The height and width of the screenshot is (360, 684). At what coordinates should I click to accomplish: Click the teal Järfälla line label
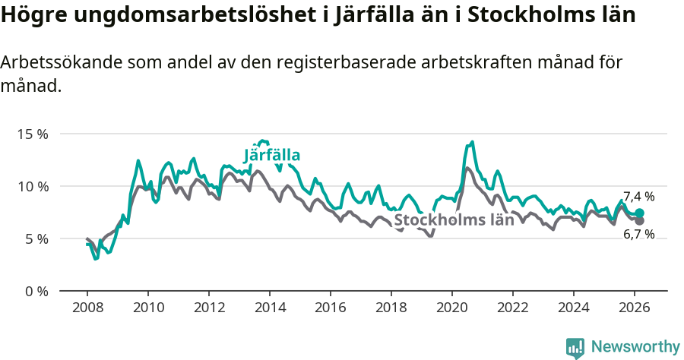(x=272, y=156)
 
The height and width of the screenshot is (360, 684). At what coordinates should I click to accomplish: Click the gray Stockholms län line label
(x=454, y=220)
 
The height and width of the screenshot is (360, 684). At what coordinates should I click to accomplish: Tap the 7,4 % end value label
(x=638, y=197)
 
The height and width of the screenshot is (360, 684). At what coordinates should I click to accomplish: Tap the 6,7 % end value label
(x=638, y=235)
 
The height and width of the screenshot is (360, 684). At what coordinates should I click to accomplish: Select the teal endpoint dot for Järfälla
(x=640, y=213)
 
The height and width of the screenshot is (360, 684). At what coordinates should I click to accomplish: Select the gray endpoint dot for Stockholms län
(x=640, y=220)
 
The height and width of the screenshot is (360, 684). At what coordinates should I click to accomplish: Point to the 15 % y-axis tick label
(x=32, y=134)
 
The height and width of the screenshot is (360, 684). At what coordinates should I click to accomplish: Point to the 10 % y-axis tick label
(x=32, y=186)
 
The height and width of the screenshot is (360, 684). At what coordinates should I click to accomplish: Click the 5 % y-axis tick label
(x=35, y=238)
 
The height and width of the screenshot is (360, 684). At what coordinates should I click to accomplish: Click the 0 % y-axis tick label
(x=35, y=291)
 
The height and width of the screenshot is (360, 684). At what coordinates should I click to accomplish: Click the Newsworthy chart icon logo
(x=575, y=348)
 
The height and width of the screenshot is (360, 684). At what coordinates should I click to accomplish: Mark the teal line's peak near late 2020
(x=472, y=142)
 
